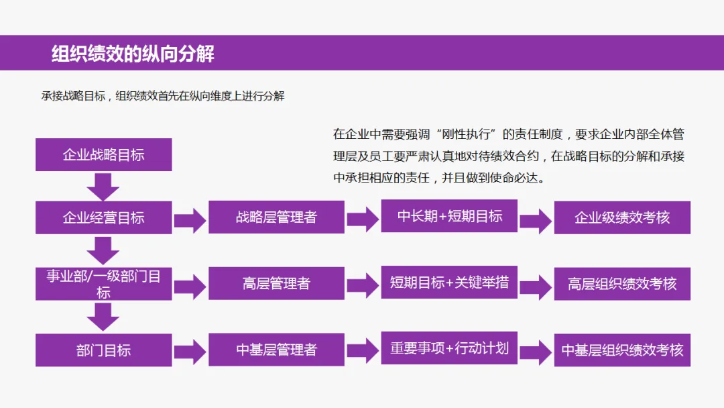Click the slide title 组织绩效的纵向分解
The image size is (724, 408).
point(133,54)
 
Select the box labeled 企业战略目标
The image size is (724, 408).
point(103,155)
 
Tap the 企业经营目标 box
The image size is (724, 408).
point(103,217)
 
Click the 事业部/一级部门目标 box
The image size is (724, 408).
point(103,283)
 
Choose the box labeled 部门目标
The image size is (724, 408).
point(103,350)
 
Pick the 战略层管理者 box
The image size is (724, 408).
point(276,217)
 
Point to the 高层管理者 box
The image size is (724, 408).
point(276,283)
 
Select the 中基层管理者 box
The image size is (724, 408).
point(276,350)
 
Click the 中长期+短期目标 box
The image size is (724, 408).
point(449,216)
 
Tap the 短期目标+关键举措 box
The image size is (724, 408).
point(449,283)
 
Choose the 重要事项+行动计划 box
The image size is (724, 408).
point(449,348)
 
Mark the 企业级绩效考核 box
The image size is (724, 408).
point(622,217)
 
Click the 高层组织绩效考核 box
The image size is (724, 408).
point(622,283)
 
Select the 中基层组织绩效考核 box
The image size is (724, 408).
point(622,350)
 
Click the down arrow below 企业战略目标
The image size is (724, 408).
point(103,186)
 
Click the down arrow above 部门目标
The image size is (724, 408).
point(103,317)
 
